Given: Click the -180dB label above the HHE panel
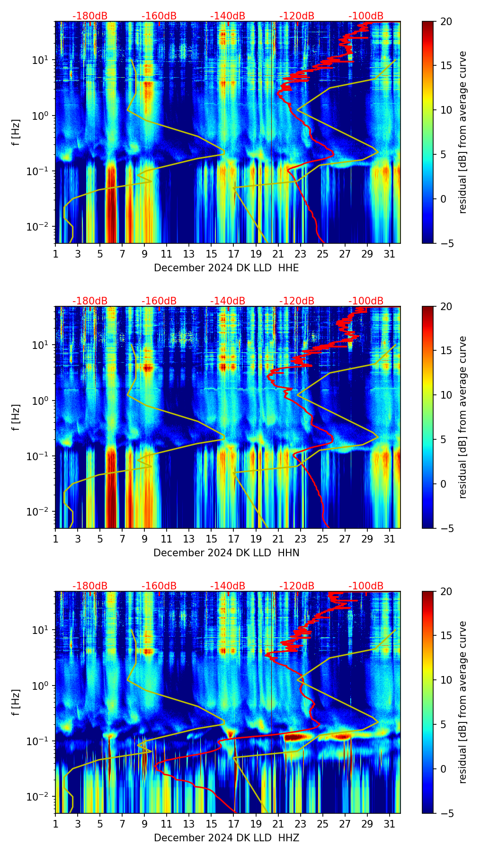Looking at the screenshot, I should pyautogui.click(x=90, y=16).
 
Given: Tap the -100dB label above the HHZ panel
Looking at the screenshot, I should pyautogui.click(x=366, y=586).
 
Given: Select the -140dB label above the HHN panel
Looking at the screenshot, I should pyautogui.click(x=228, y=301).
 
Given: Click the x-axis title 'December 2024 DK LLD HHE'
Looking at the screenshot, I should pyautogui.click(x=226, y=268).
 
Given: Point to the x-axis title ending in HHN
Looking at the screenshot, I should pyautogui.click(x=226, y=553).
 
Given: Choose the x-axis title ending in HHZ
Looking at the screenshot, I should pyautogui.click(x=226, y=838).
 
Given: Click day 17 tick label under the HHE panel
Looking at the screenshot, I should pyautogui.click(x=234, y=254).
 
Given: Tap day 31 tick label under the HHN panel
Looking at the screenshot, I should pyautogui.click(x=390, y=539).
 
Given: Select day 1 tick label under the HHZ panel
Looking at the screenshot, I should pyautogui.click(x=56, y=824).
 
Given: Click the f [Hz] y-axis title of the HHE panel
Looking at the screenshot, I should pyautogui.click(x=17, y=132).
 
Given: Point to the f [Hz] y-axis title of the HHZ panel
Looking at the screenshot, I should pyautogui.click(x=17, y=702).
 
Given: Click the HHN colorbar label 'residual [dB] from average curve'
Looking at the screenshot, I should pyautogui.click(x=463, y=417).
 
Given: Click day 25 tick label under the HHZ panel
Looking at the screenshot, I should pyautogui.click(x=323, y=824).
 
